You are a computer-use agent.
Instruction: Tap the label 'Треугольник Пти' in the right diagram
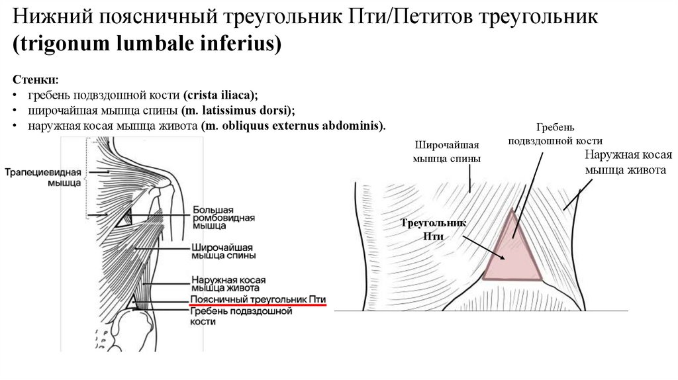pos(434,230)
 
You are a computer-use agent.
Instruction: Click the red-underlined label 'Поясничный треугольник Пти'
pos(258,300)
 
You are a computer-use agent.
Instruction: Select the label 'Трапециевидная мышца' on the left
pos(42,177)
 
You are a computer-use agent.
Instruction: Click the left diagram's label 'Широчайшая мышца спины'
pos(223,250)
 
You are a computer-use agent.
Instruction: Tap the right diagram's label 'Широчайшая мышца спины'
pos(446,152)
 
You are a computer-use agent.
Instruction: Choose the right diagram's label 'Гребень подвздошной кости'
pos(555,134)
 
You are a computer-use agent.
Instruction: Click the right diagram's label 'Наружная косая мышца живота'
pos(628,162)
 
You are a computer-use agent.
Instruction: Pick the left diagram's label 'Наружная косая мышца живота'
pos(223,283)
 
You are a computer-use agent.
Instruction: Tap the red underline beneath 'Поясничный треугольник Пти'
pos(258,307)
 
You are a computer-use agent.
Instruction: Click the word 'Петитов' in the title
pos(430,17)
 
